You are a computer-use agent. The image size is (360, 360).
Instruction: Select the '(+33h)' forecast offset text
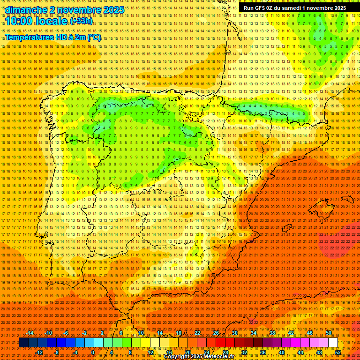tap(82, 21)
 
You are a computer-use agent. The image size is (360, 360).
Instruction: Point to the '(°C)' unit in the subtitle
tap(94, 37)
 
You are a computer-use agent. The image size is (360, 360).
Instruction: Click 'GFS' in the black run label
tap(260, 8)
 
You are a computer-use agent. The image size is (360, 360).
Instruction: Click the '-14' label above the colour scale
tap(30, 333)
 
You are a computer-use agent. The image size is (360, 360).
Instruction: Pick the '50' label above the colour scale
tap(329, 333)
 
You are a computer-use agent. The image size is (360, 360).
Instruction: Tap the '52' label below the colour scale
tap(338, 352)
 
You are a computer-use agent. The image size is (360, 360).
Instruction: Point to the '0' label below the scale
tap(93, 352)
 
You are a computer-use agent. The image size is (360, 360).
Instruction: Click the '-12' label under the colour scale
tap(39, 352)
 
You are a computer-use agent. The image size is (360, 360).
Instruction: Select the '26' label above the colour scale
tap(216, 333)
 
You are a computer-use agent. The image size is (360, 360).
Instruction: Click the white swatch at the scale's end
tap(333, 343)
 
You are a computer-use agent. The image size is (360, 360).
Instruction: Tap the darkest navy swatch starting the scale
tap(23, 343)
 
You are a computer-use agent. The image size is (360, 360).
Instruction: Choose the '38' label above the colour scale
tap(272, 333)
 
